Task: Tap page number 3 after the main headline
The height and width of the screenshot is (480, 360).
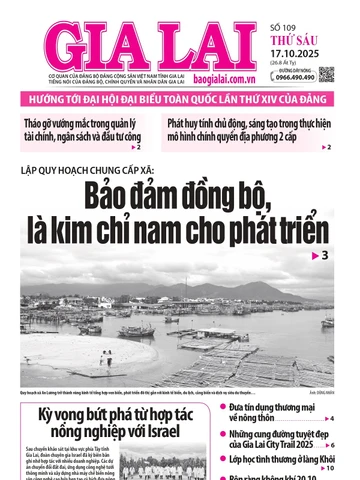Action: [x=324, y=257]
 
